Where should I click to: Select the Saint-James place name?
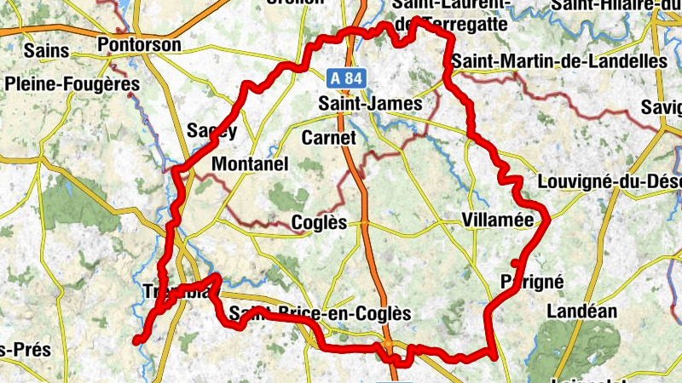tap(370, 104)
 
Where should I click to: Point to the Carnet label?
tap(327, 137)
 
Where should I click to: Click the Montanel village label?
tap(250, 163)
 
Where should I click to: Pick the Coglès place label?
tap(320, 222)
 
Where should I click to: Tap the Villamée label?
tap(497, 220)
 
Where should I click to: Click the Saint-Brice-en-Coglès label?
tap(321, 314)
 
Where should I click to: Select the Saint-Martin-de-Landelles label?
tap(559, 61)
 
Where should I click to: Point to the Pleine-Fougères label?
tap(72, 84)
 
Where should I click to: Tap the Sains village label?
tap(46, 51)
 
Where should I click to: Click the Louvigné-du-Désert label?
tap(610, 182)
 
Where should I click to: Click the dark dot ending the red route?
tap(136, 340)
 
